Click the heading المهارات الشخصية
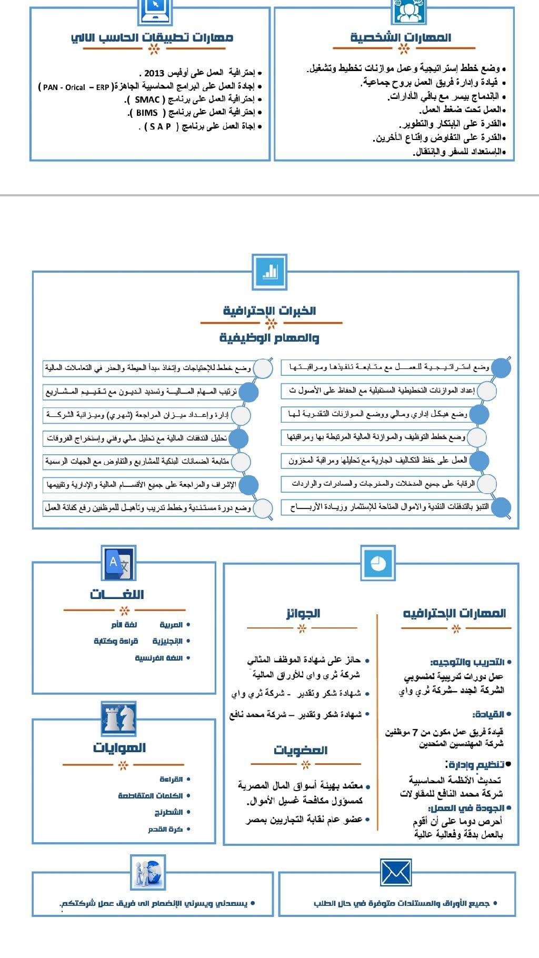pos(401,37)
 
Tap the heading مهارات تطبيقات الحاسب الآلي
pos(152,37)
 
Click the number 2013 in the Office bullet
pos(154,73)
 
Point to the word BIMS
pos(147,113)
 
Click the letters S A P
pos(161,126)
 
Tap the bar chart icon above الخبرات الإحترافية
pos(269,272)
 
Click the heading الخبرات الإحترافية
pos(269,311)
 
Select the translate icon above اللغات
pos(119,563)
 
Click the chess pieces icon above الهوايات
pos(119,718)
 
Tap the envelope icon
pos(396,872)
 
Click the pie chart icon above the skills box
pos(378,563)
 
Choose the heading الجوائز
pos(303,613)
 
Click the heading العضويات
pos(301,750)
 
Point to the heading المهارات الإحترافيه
pos(454,613)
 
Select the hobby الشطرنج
pos(168,812)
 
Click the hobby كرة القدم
pos(165,829)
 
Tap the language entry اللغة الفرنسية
pos(158,658)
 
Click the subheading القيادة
pos(488,714)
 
